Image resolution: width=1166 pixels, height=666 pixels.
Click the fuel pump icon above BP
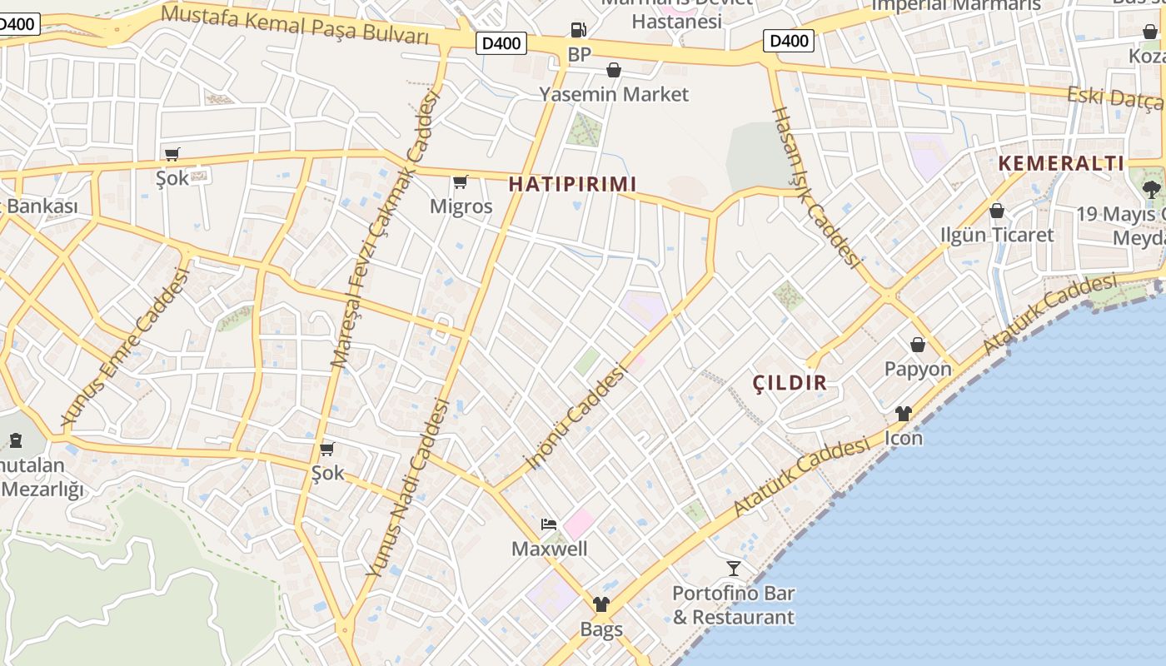point(578,30)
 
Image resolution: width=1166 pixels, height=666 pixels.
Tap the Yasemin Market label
point(614,94)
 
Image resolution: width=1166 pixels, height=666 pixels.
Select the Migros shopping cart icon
point(460,181)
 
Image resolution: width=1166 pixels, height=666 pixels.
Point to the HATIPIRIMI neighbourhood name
point(572,184)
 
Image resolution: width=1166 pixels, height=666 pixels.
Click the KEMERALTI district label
point(1061,163)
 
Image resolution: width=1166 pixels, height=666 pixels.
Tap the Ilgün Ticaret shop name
point(997,235)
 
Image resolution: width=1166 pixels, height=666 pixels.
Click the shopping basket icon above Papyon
point(918,345)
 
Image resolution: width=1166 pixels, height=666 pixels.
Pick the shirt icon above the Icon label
point(904,414)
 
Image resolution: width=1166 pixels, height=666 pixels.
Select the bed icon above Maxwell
point(549,524)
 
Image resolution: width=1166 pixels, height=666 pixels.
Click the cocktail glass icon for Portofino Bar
point(733,569)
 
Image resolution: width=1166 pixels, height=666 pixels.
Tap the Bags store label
point(601,629)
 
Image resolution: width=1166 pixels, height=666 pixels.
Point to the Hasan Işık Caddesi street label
point(816,186)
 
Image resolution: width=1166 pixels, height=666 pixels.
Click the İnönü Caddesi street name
point(575,419)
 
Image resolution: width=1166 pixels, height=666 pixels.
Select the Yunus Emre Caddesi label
point(126,347)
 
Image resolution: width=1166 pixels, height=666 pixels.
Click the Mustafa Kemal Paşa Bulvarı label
point(295,25)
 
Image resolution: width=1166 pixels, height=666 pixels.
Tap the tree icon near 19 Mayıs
point(1152,189)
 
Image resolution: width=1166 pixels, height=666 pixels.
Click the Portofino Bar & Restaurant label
point(733,605)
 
